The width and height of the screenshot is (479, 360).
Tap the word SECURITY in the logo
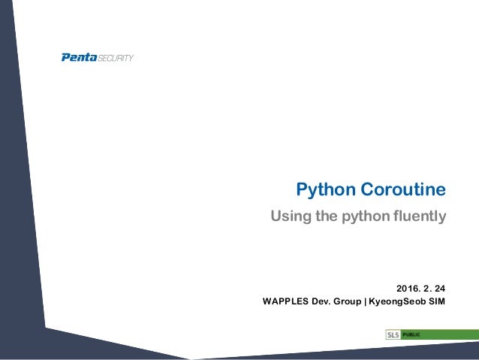[116, 59]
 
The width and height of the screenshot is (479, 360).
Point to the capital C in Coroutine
[369, 189]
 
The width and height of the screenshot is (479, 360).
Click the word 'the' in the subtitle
[329, 217]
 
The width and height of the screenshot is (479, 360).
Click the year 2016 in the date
[407, 287]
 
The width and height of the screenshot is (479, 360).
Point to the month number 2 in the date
[426, 287]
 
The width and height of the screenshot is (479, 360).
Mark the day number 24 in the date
[439, 287]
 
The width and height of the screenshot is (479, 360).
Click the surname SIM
[437, 302]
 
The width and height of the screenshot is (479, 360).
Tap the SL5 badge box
[393, 334]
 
